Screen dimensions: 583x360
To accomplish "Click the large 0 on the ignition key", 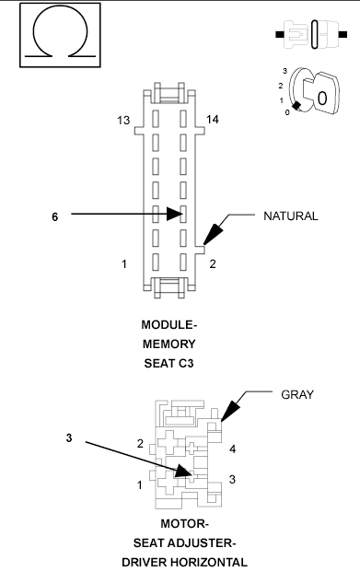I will click(321, 95).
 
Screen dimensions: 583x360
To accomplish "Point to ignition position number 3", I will click(285, 71).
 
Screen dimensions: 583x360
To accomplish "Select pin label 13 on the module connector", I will click(123, 121).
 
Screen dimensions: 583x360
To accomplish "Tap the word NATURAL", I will click(290, 216).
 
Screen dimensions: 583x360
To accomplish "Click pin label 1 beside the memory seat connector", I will click(123, 265).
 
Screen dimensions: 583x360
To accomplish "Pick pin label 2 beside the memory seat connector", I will click(213, 265).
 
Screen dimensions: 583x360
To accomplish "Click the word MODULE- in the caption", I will click(170, 325).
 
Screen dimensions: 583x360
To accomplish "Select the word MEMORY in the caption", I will click(170, 344).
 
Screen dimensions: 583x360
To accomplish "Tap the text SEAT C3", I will click(170, 362).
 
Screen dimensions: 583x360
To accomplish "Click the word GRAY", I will click(297, 394).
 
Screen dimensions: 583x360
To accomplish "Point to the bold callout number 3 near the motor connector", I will click(69, 438).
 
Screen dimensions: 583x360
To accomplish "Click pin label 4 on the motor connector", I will click(233, 449).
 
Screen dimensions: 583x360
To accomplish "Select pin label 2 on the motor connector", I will click(140, 444).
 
